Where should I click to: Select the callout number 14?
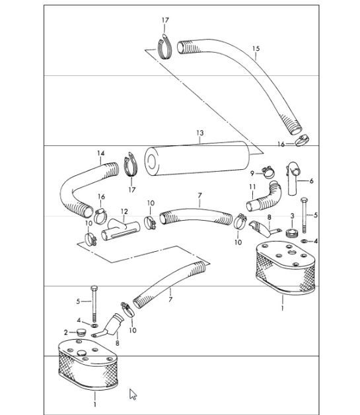tap(101, 154)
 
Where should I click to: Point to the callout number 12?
tap(124, 212)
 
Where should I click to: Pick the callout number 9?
tap(252, 173)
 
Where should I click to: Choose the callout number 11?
tap(252, 188)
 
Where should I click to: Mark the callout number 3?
tap(292, 216)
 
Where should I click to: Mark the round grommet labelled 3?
tap(291, 233)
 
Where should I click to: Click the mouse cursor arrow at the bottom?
tap(133, 394)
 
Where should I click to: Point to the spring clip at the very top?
tap(163, 46)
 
